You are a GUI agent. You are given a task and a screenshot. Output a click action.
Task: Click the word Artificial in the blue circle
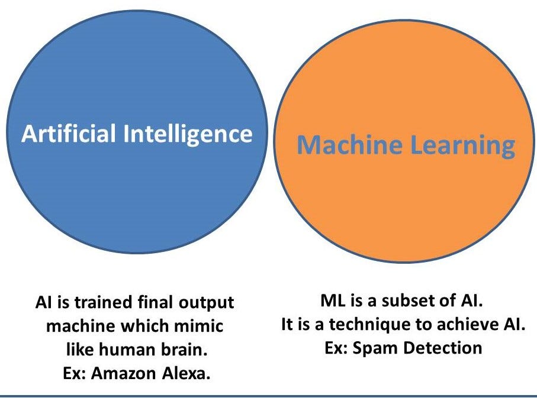(69, 134)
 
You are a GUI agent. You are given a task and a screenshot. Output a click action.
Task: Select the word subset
(412, 302)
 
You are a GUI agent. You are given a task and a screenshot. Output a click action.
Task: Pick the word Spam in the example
(374, 347)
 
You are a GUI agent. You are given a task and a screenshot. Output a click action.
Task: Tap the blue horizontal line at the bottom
(268, 395)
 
